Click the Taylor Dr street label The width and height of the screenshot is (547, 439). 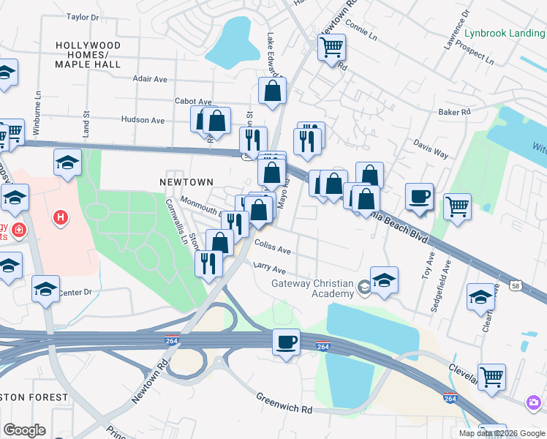pyautogui.click(x=82, y=16)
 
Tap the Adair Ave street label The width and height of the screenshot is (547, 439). pyautogui.click(x=150, y=79)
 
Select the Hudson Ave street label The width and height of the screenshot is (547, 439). pyautogui.click(x=143, y=119)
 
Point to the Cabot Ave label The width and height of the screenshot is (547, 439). pyautogui.click(x=193, y=102)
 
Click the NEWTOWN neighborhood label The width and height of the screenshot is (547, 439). pyautogui.click(x=186, y=181)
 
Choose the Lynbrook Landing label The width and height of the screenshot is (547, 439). pyautogui.click(x=505, y=33)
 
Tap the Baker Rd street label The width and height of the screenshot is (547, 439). pyautogui.click(x=453, y=112)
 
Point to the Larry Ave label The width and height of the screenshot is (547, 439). pyautogui.click(x=269, y=269)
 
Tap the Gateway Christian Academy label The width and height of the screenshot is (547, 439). pyautogui.click(x=312, y=288)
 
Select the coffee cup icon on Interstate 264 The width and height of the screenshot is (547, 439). pyautogui.click(x=286, y=342)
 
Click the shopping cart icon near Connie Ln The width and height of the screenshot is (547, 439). pyautogui.click(x=331, y=48)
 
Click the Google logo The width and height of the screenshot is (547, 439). pyautogui.click(x=24, y=430)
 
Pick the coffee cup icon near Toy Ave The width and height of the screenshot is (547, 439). pyautogui.click(x=419, y=197)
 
